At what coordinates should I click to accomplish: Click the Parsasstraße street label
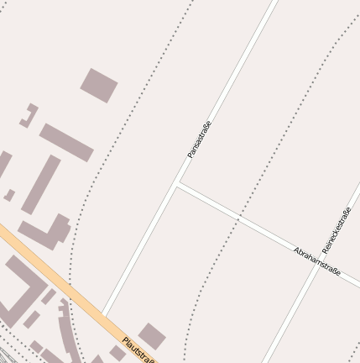[x=199, y=139]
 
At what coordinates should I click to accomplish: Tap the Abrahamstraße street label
[x=316, y=262]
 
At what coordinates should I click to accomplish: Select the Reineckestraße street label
[x=336, y=229]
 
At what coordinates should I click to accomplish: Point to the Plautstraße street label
[x=139, y=350]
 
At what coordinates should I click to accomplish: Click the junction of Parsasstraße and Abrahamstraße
[x=178, y=184]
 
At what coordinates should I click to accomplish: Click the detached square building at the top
[x=99, y=85]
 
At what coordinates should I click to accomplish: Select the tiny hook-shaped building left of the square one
[x=29, y=115]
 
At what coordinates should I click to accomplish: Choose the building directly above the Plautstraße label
[x=151, y=335]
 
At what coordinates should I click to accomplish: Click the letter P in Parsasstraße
[x=190, y=155]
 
